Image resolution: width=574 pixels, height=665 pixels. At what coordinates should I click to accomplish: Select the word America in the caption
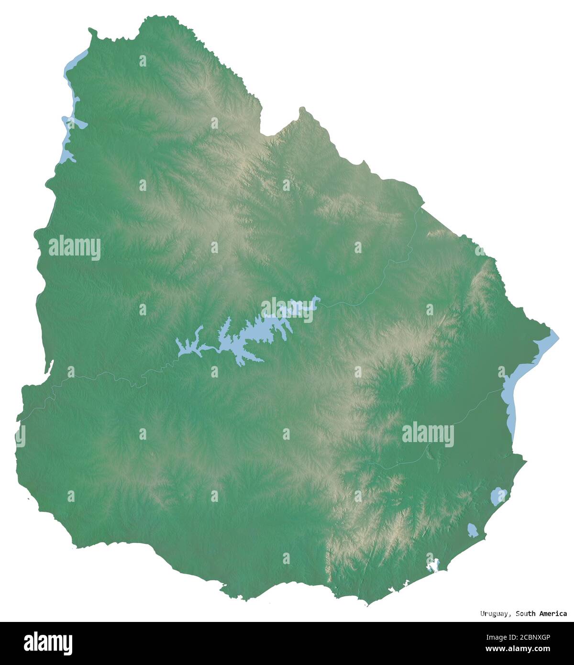pyautogui.click(x=553, y=613)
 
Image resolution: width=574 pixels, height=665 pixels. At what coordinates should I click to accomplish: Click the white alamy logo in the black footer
pyautogui.click(x=48, y=643)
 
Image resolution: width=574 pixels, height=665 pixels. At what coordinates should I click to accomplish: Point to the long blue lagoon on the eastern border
pyautogui.click(x=511, y=397)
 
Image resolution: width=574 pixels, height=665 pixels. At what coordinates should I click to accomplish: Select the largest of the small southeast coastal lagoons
pyautogui.click(x=498, y=496)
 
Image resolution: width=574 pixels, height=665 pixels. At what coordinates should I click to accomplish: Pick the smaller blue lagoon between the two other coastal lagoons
pyautogui.click(x=473, y=530)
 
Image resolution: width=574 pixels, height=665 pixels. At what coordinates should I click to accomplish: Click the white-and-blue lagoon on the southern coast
pyautogui.click(x=434, y=565)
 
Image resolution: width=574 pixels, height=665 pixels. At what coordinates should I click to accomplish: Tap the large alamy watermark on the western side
pyautogui.click(x=75, y=248)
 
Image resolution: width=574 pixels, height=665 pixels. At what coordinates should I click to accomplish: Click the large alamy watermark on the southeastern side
pyautogui.click(x=428, y=435)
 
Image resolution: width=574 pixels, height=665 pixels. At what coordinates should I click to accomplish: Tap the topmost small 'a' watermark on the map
pyautogui.click(x=143, y=61)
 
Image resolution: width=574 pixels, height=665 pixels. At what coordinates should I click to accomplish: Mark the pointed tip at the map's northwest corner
pyautogui.click(x=90, y=31)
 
